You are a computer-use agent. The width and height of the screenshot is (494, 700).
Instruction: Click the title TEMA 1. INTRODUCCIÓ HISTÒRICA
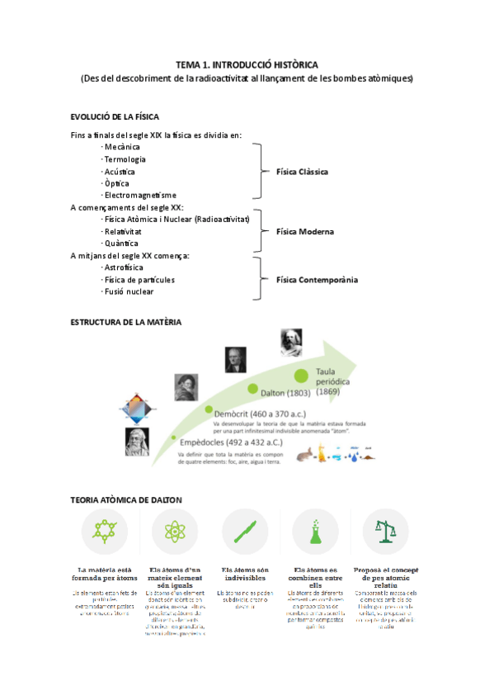[247, 64]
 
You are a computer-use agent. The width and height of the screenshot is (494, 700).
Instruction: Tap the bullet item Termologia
[125, 158]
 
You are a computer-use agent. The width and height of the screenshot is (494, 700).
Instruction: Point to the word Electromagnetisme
[140, 195]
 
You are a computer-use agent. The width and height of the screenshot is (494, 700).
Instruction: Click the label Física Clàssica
[302, 172]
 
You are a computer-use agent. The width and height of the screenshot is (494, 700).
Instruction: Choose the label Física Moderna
[304, 232]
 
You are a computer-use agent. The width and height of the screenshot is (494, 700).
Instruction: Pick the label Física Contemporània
[317, 280]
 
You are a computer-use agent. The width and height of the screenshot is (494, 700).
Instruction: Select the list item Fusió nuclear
[129, 291]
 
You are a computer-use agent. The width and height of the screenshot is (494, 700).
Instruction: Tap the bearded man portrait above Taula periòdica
[291, 342]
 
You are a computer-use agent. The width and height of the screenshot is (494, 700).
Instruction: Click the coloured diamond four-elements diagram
[137, 410]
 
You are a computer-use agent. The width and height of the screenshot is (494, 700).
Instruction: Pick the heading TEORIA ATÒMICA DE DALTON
[126, 500]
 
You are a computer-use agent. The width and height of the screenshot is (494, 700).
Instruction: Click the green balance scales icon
[386, 531]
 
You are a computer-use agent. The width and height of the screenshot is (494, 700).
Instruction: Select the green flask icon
[315, 531]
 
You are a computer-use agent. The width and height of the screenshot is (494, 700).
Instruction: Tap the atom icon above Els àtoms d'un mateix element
[175, 531]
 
